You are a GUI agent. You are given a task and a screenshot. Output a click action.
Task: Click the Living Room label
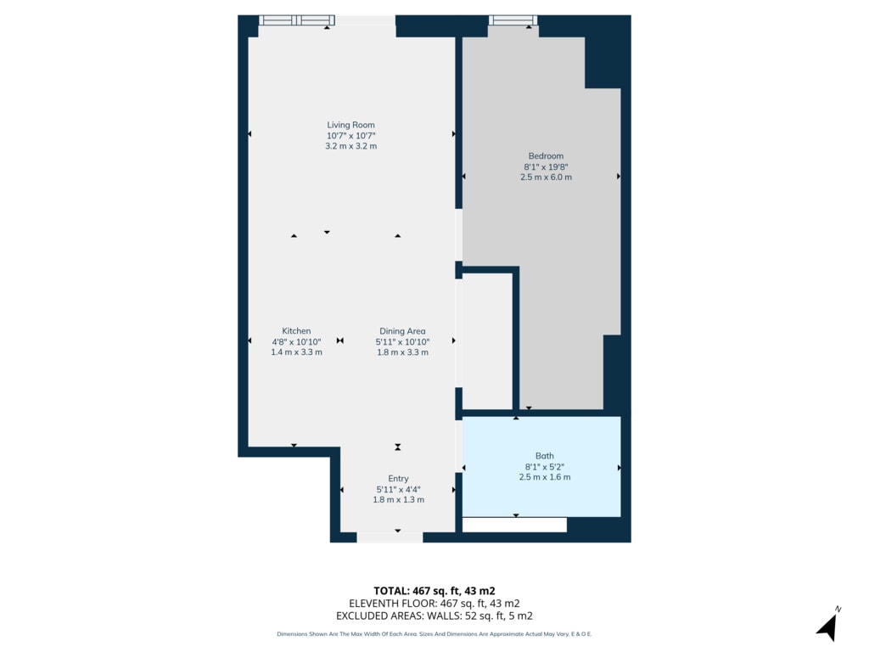(350, 126)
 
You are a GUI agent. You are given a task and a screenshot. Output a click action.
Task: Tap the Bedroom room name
(546, 156)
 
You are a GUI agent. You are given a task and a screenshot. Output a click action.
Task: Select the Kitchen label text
(296, 331)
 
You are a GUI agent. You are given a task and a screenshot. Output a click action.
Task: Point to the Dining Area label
(402, 331)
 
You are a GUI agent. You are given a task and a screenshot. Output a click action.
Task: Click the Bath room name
(545, 456)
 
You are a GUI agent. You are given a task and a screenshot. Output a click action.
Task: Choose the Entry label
(399, 479)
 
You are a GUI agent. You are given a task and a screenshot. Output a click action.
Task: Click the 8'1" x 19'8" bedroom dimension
(546, 167)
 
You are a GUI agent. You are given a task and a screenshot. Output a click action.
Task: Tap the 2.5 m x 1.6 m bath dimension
(545, 477)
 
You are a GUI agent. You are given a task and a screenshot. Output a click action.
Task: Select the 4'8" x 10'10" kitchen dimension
(296, 341)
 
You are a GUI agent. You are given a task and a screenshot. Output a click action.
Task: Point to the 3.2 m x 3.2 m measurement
(350, 146)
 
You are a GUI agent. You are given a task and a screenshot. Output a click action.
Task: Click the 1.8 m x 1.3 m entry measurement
(399, 499)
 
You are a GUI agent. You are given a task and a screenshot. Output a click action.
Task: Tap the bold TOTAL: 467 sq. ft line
(434, 591)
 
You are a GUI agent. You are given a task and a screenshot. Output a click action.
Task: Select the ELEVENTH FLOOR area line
(434, 604)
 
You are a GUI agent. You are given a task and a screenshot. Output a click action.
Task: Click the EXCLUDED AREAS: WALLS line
(434, 616)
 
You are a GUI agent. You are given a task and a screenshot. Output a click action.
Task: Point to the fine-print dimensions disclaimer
(434, 633)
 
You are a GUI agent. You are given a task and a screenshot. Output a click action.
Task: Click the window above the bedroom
(513, 20)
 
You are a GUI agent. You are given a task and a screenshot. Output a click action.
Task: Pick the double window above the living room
(297, 20)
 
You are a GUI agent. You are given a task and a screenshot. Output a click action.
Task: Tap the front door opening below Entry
(390, 537)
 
